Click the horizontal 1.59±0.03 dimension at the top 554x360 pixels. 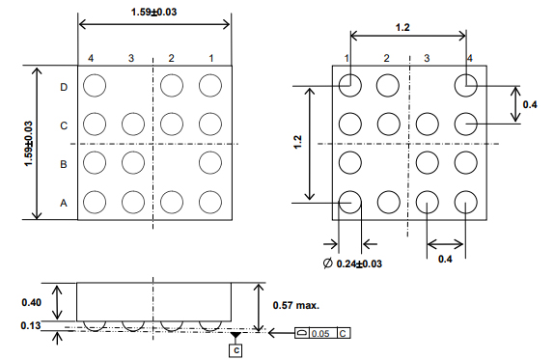[153, 11]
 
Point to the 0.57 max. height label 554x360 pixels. [295, 305]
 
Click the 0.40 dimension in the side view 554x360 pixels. [32, 302]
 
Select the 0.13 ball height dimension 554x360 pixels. [32, 326]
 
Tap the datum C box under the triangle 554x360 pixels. [236, 349]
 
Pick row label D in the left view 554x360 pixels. [64, 87]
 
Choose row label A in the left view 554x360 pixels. [64, 203]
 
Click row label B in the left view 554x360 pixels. [64, 165]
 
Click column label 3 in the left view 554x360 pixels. [131, 60]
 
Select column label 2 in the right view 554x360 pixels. [386, 59]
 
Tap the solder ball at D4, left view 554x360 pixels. [94, 86]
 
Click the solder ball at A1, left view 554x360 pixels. [209, 202]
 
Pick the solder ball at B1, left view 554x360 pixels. [209, 163]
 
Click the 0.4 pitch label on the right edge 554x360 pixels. [530, 103]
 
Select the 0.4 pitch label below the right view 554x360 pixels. [445, 260]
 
